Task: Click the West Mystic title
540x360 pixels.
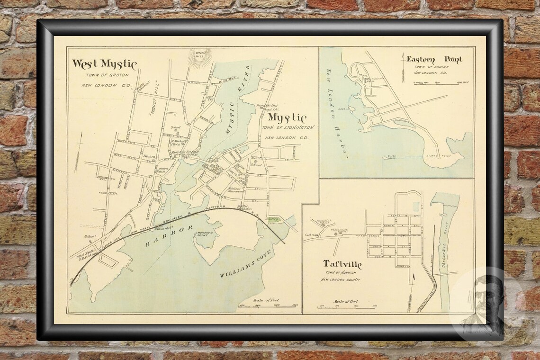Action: point(104,64)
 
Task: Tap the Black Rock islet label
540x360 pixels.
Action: point(391,156)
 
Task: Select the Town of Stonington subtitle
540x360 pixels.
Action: point(289,128)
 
